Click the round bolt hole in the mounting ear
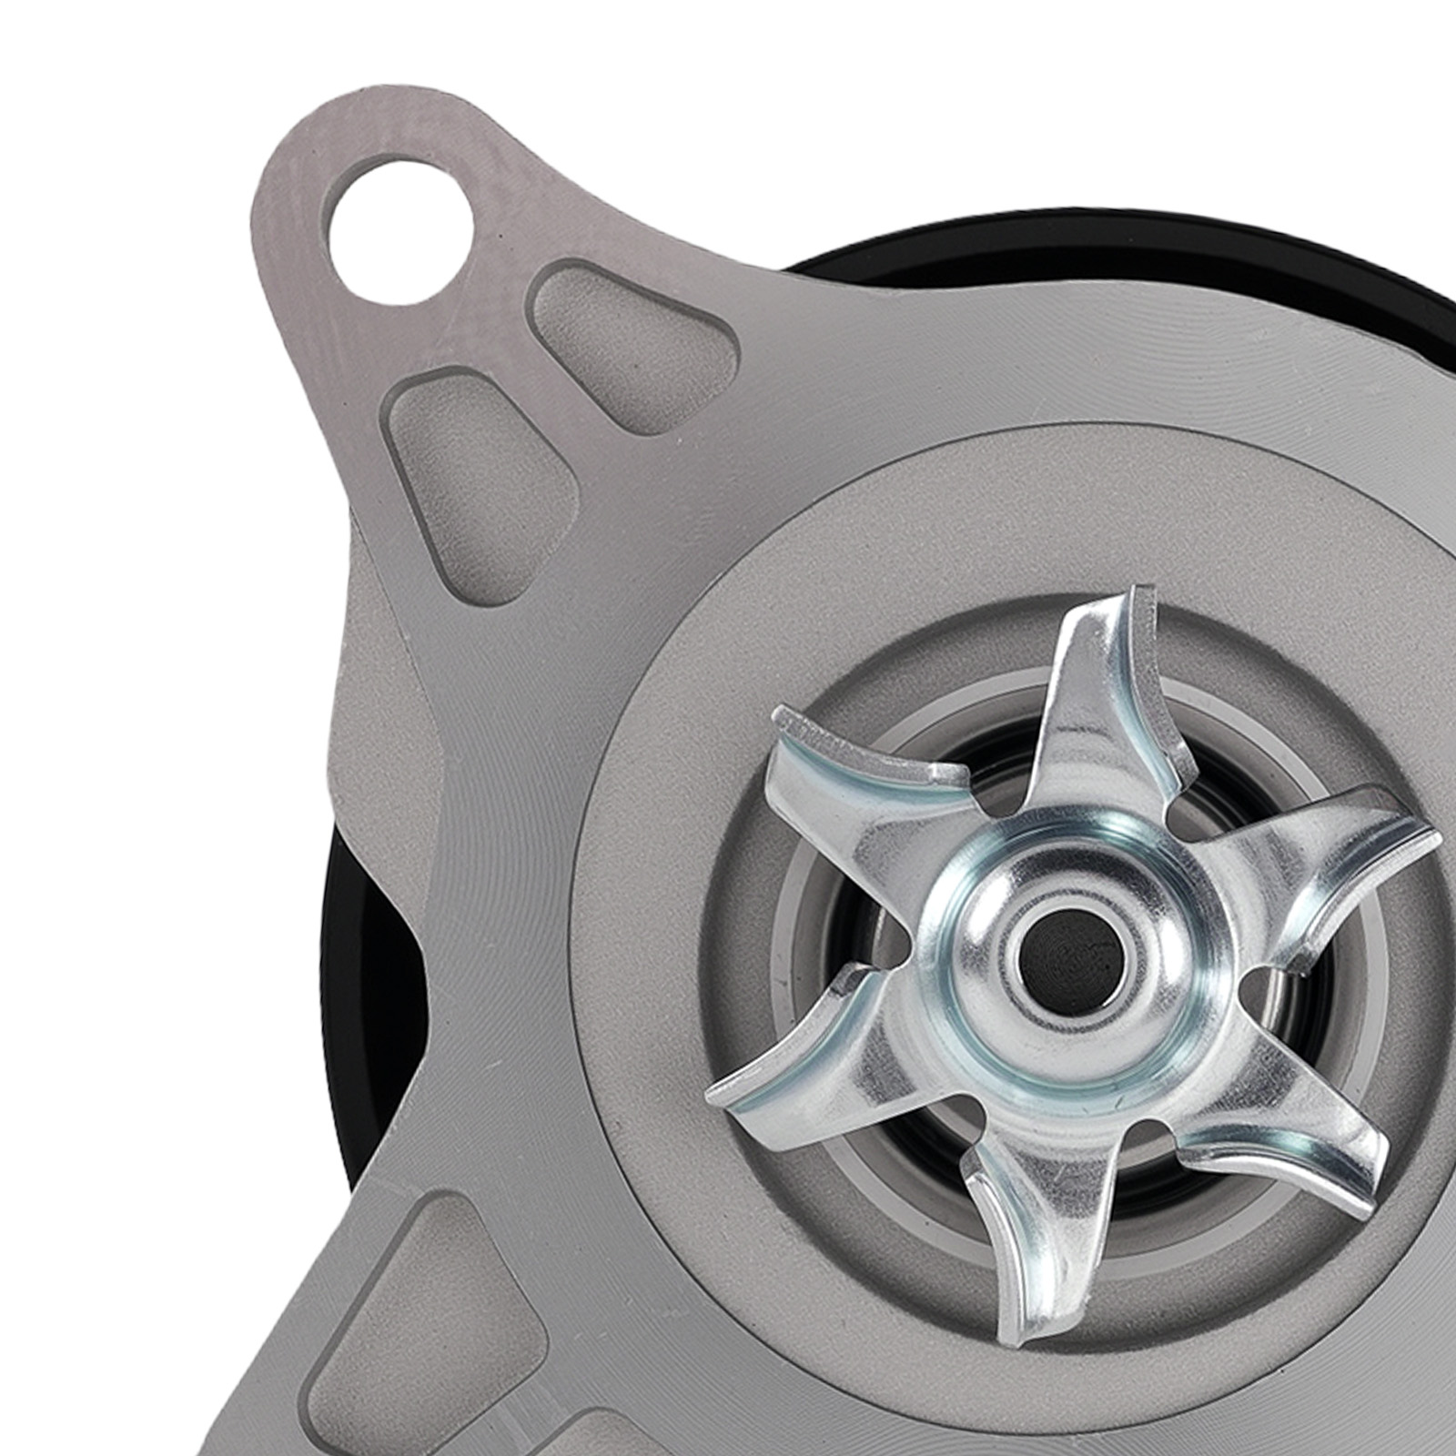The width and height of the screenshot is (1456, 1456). pos(400,221)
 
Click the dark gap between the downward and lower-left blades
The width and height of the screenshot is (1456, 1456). pos(919,1183)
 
